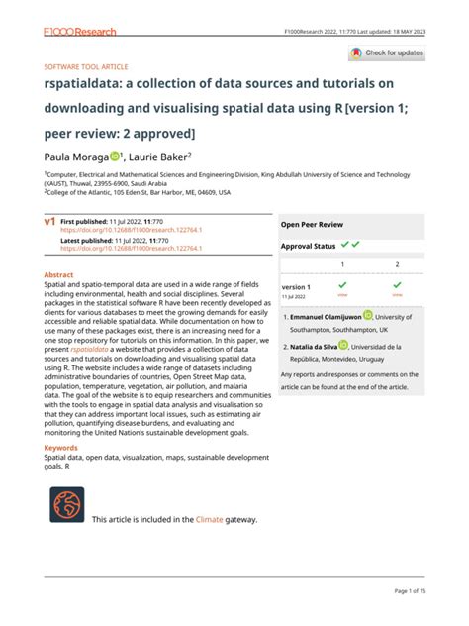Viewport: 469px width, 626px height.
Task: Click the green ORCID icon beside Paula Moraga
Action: [115, 156]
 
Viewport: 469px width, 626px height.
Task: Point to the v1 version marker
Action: [49, 224]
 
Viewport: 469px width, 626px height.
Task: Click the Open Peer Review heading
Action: [312, 225]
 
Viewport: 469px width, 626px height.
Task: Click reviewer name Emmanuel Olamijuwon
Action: [332, 318]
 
